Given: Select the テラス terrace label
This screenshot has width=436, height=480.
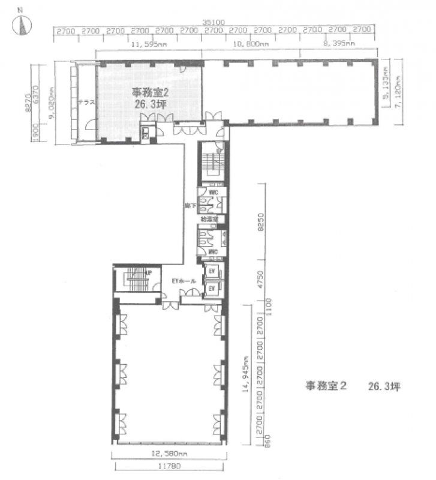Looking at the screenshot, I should [86, 102].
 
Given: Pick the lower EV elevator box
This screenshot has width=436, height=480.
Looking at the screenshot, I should [211, 289].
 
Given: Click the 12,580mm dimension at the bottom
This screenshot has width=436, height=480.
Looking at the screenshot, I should [169, 453].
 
